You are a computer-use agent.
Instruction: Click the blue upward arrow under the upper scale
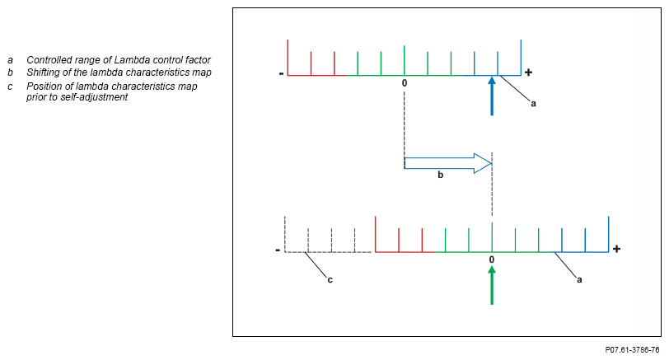tap(492, 96)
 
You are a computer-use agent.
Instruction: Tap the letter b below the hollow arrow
tap(440, 175)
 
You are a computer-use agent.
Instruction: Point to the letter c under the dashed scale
tap(330, 280)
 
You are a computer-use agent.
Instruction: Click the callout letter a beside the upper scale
tap(533, 104)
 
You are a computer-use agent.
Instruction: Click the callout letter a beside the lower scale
tap(579, 280)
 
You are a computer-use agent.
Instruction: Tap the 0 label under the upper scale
tap(405, 83)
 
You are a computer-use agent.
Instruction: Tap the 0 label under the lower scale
tap(492, 260)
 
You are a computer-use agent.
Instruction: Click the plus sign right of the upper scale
tap(529, 72)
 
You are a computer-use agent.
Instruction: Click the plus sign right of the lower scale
tap(616, 248)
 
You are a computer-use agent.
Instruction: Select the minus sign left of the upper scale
tap(281, 73)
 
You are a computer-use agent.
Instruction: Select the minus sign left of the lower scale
tap(278, 249)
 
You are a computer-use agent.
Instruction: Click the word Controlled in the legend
tap(51, 60)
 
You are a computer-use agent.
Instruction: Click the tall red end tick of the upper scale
tap(288, 57)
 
